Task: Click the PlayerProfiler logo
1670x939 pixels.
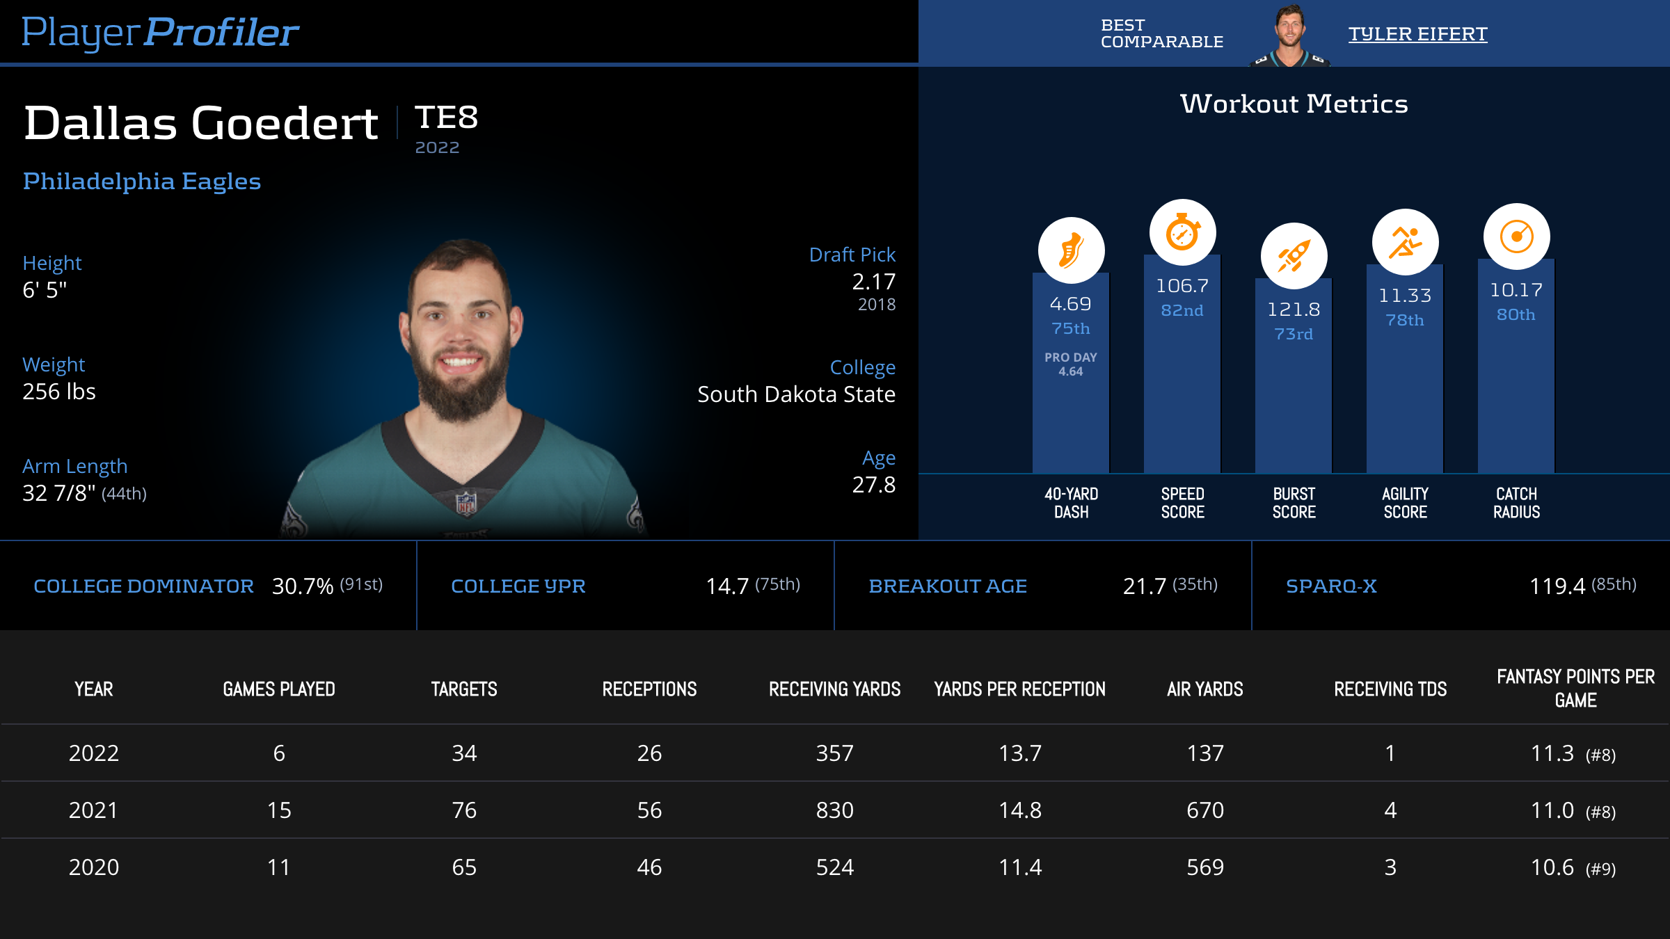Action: point(160,32)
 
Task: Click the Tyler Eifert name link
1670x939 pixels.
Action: point(1417,33)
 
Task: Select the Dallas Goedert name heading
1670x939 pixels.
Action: point(201,123)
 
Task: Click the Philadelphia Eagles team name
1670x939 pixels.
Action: point(142,181)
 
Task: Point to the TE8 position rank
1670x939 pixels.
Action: point(446,118)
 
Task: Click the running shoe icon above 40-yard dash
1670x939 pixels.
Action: point(1071,250)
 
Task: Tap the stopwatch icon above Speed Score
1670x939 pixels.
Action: point(1182,232)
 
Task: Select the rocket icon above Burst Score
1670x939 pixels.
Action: point(1294,256)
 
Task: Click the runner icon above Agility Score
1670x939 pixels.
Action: point(1405,242)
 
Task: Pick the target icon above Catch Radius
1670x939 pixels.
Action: point(1516,236)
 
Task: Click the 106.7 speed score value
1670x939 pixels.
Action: point(1182,286)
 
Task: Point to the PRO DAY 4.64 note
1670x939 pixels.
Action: point(1071,364)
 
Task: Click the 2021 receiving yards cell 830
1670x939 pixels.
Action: point(834,810)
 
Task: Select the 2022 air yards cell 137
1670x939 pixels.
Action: point(1205,753)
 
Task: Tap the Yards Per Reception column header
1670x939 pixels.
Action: point(1019,689)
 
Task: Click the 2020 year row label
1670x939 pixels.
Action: point(94,867)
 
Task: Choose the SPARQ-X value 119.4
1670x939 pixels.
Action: point(1557,586)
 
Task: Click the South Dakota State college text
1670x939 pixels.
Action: point(796,394)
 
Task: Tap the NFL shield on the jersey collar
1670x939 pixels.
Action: point(466,503)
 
